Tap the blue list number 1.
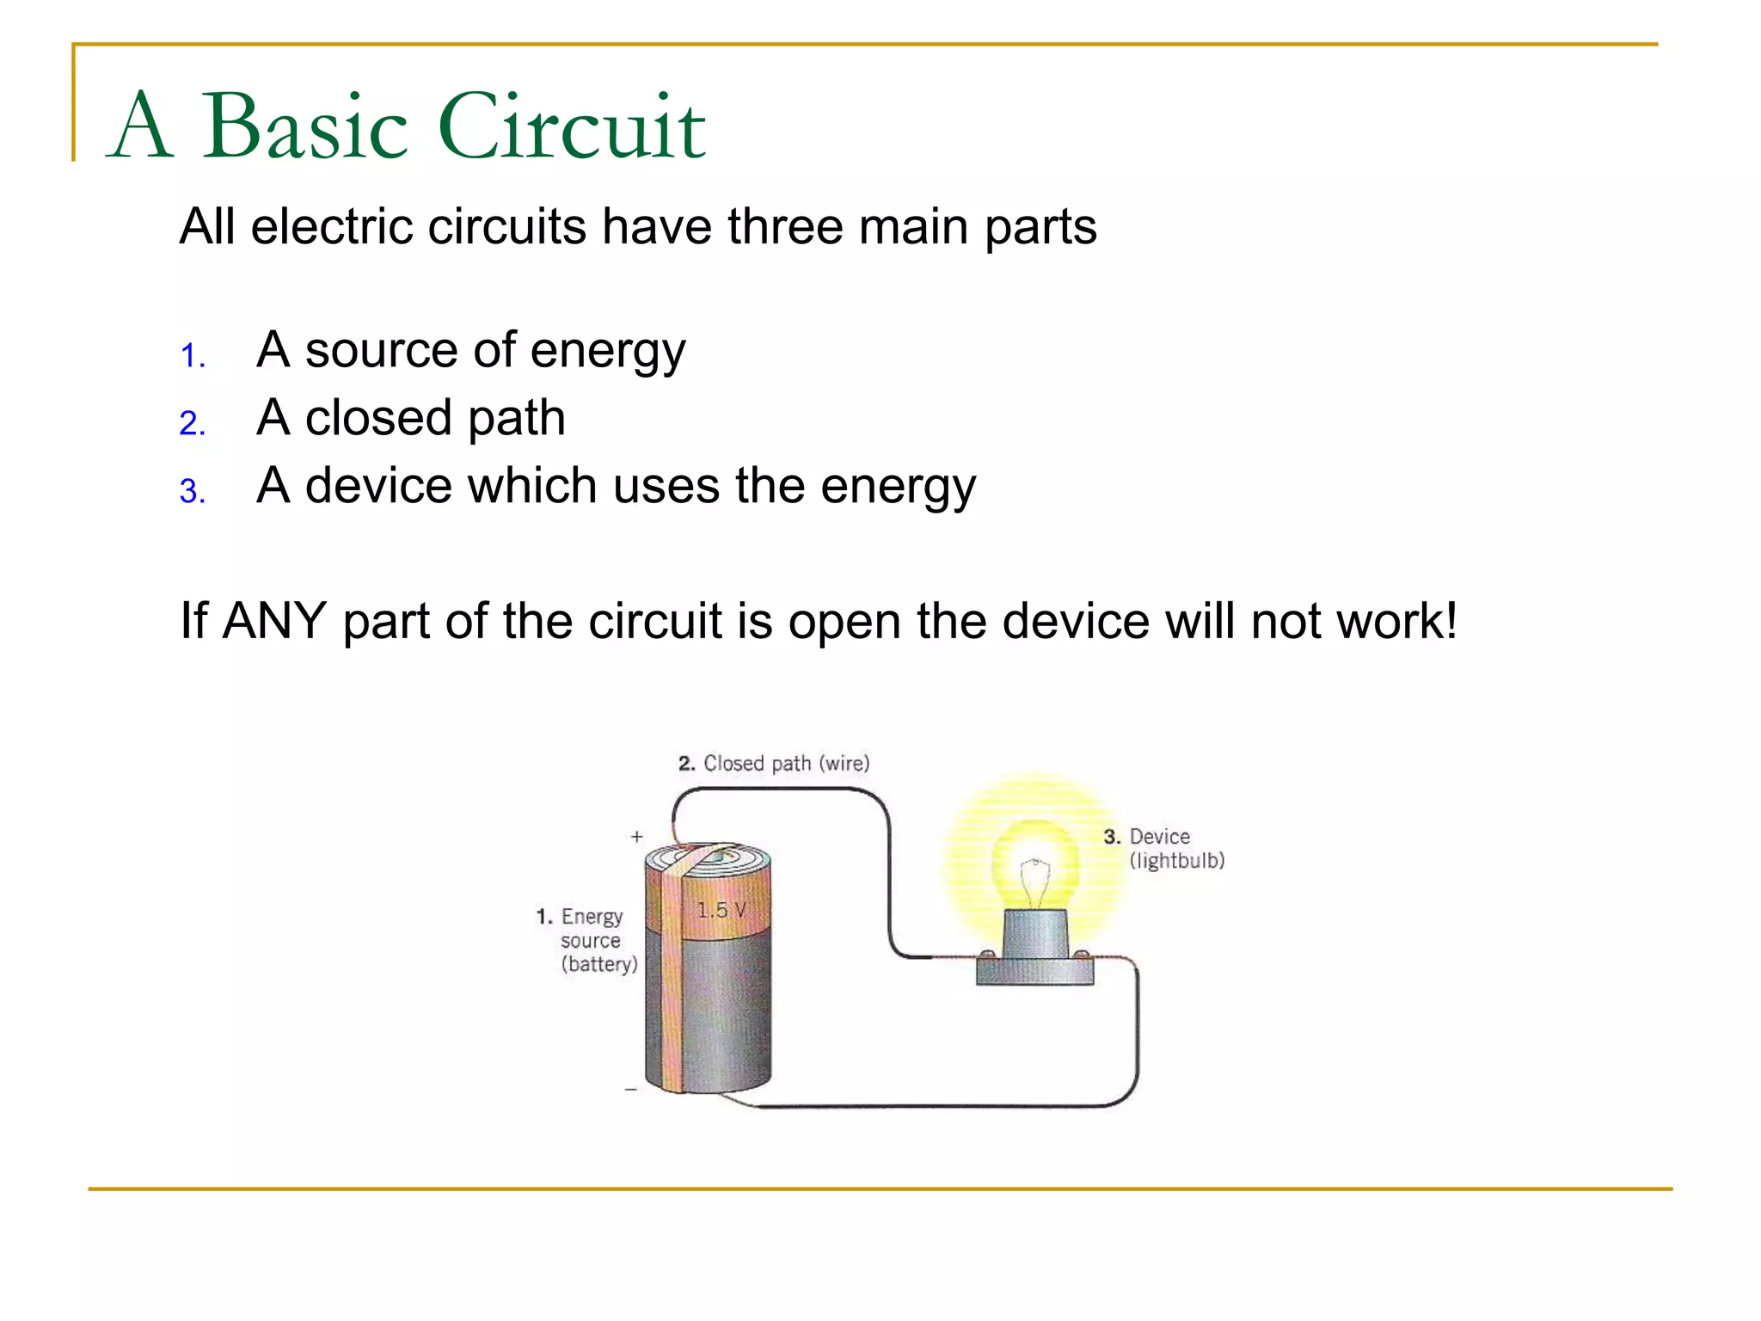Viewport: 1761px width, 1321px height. coord(193,356)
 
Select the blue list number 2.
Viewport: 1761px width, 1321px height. coord(193,423)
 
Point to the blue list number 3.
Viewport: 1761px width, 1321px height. coord(193,491)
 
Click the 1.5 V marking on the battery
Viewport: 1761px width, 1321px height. coord(721,910)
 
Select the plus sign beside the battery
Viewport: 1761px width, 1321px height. coord(636,836)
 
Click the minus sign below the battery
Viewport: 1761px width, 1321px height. coord(631,1090)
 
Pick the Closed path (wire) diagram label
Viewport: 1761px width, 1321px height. coord(774,764)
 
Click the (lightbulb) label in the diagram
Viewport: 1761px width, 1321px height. coord(1176,861)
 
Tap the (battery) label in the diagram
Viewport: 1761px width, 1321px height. coord(599,964)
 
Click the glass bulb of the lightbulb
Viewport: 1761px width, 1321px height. coord(1034,869)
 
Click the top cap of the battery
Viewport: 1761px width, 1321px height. coord(709,860)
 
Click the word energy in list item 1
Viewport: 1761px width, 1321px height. coord(607,352)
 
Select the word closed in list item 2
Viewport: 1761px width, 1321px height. coord(378,418)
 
